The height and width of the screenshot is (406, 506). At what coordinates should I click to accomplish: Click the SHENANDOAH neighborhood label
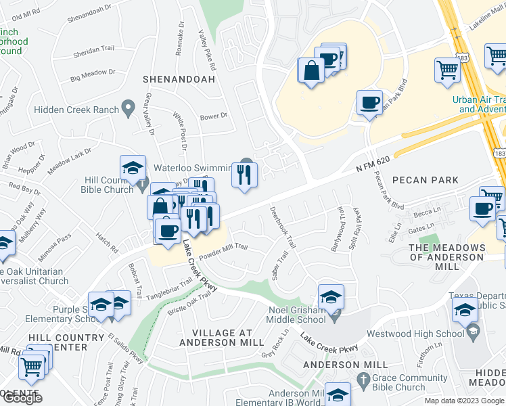point(179,79)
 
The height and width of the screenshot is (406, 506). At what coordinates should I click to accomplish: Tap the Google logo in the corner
point(22,398)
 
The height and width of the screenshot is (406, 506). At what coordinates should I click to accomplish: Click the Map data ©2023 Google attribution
point(464,401)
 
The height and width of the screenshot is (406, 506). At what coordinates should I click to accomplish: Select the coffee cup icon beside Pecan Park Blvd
point(369,103)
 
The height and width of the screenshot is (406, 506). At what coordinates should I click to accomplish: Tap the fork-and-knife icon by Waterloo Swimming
point(244,175)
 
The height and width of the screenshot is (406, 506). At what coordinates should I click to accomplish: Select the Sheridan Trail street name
point(93,49)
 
